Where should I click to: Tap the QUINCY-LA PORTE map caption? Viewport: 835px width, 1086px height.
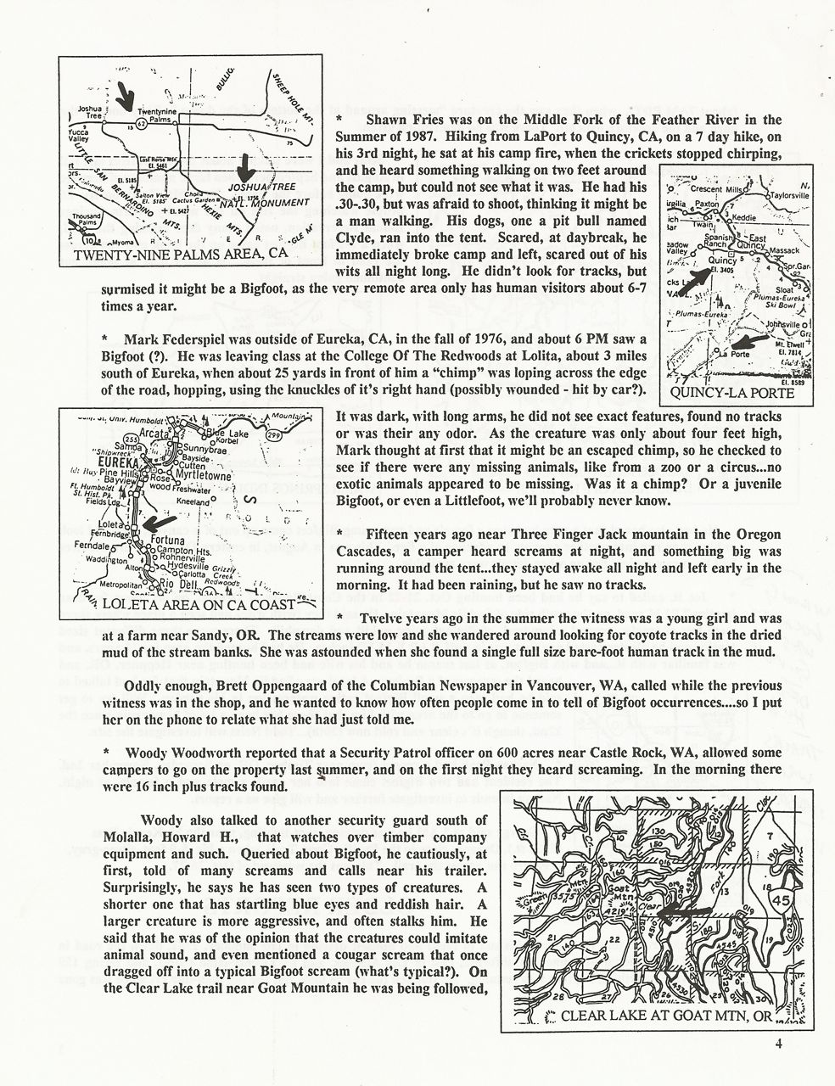[x=731, y=394]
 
